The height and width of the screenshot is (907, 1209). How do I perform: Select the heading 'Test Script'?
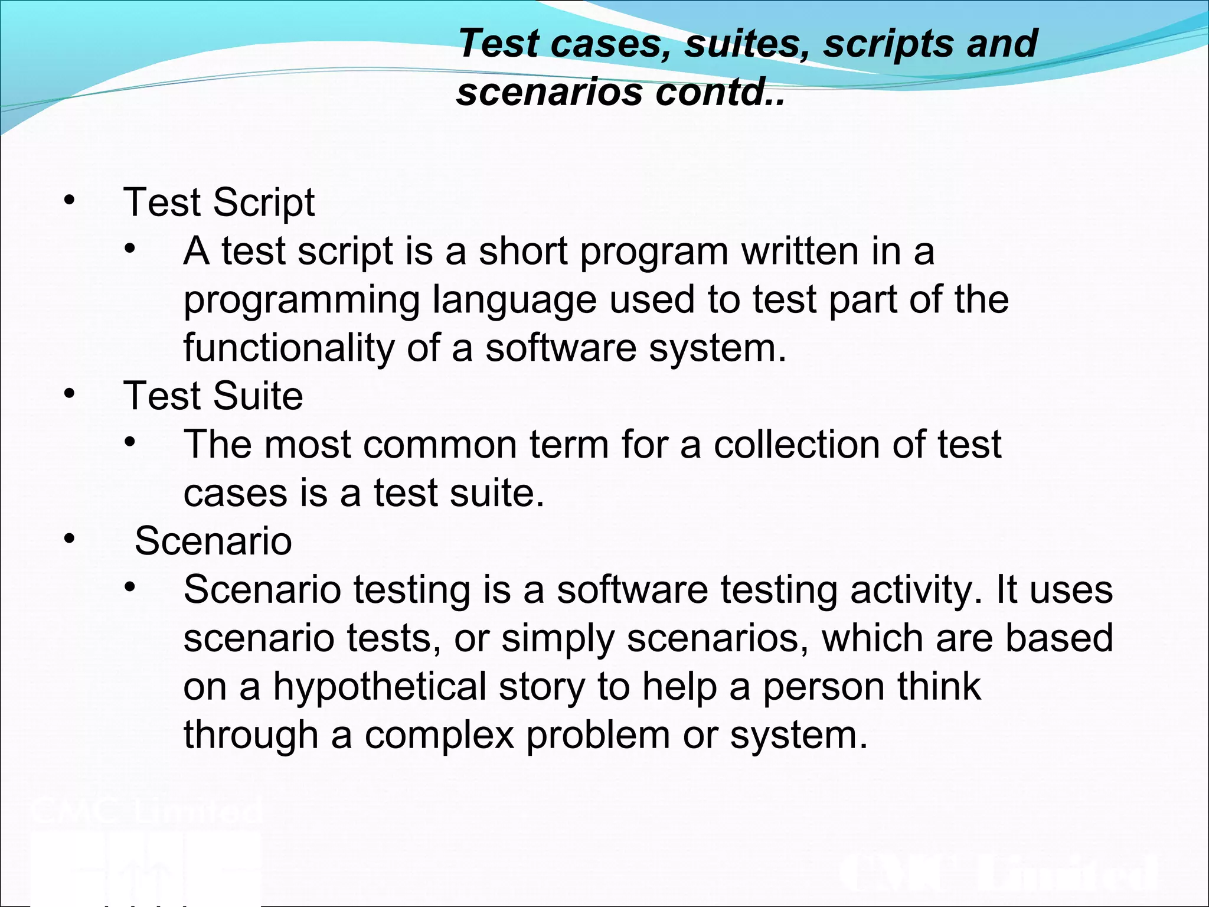coord(219,203)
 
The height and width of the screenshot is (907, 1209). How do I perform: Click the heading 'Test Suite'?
coord(213,396)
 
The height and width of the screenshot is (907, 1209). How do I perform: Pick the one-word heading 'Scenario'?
coord(213,541)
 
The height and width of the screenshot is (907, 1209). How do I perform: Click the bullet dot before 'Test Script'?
coord(70,201)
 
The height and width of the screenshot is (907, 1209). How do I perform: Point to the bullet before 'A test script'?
coord(130,249)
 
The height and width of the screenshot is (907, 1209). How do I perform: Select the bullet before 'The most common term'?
coord(130,442)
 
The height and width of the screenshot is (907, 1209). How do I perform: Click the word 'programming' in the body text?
coord(302,301)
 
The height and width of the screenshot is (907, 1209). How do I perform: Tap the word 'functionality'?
coord(289,348)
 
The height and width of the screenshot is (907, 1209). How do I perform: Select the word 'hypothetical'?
coord(380,687)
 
